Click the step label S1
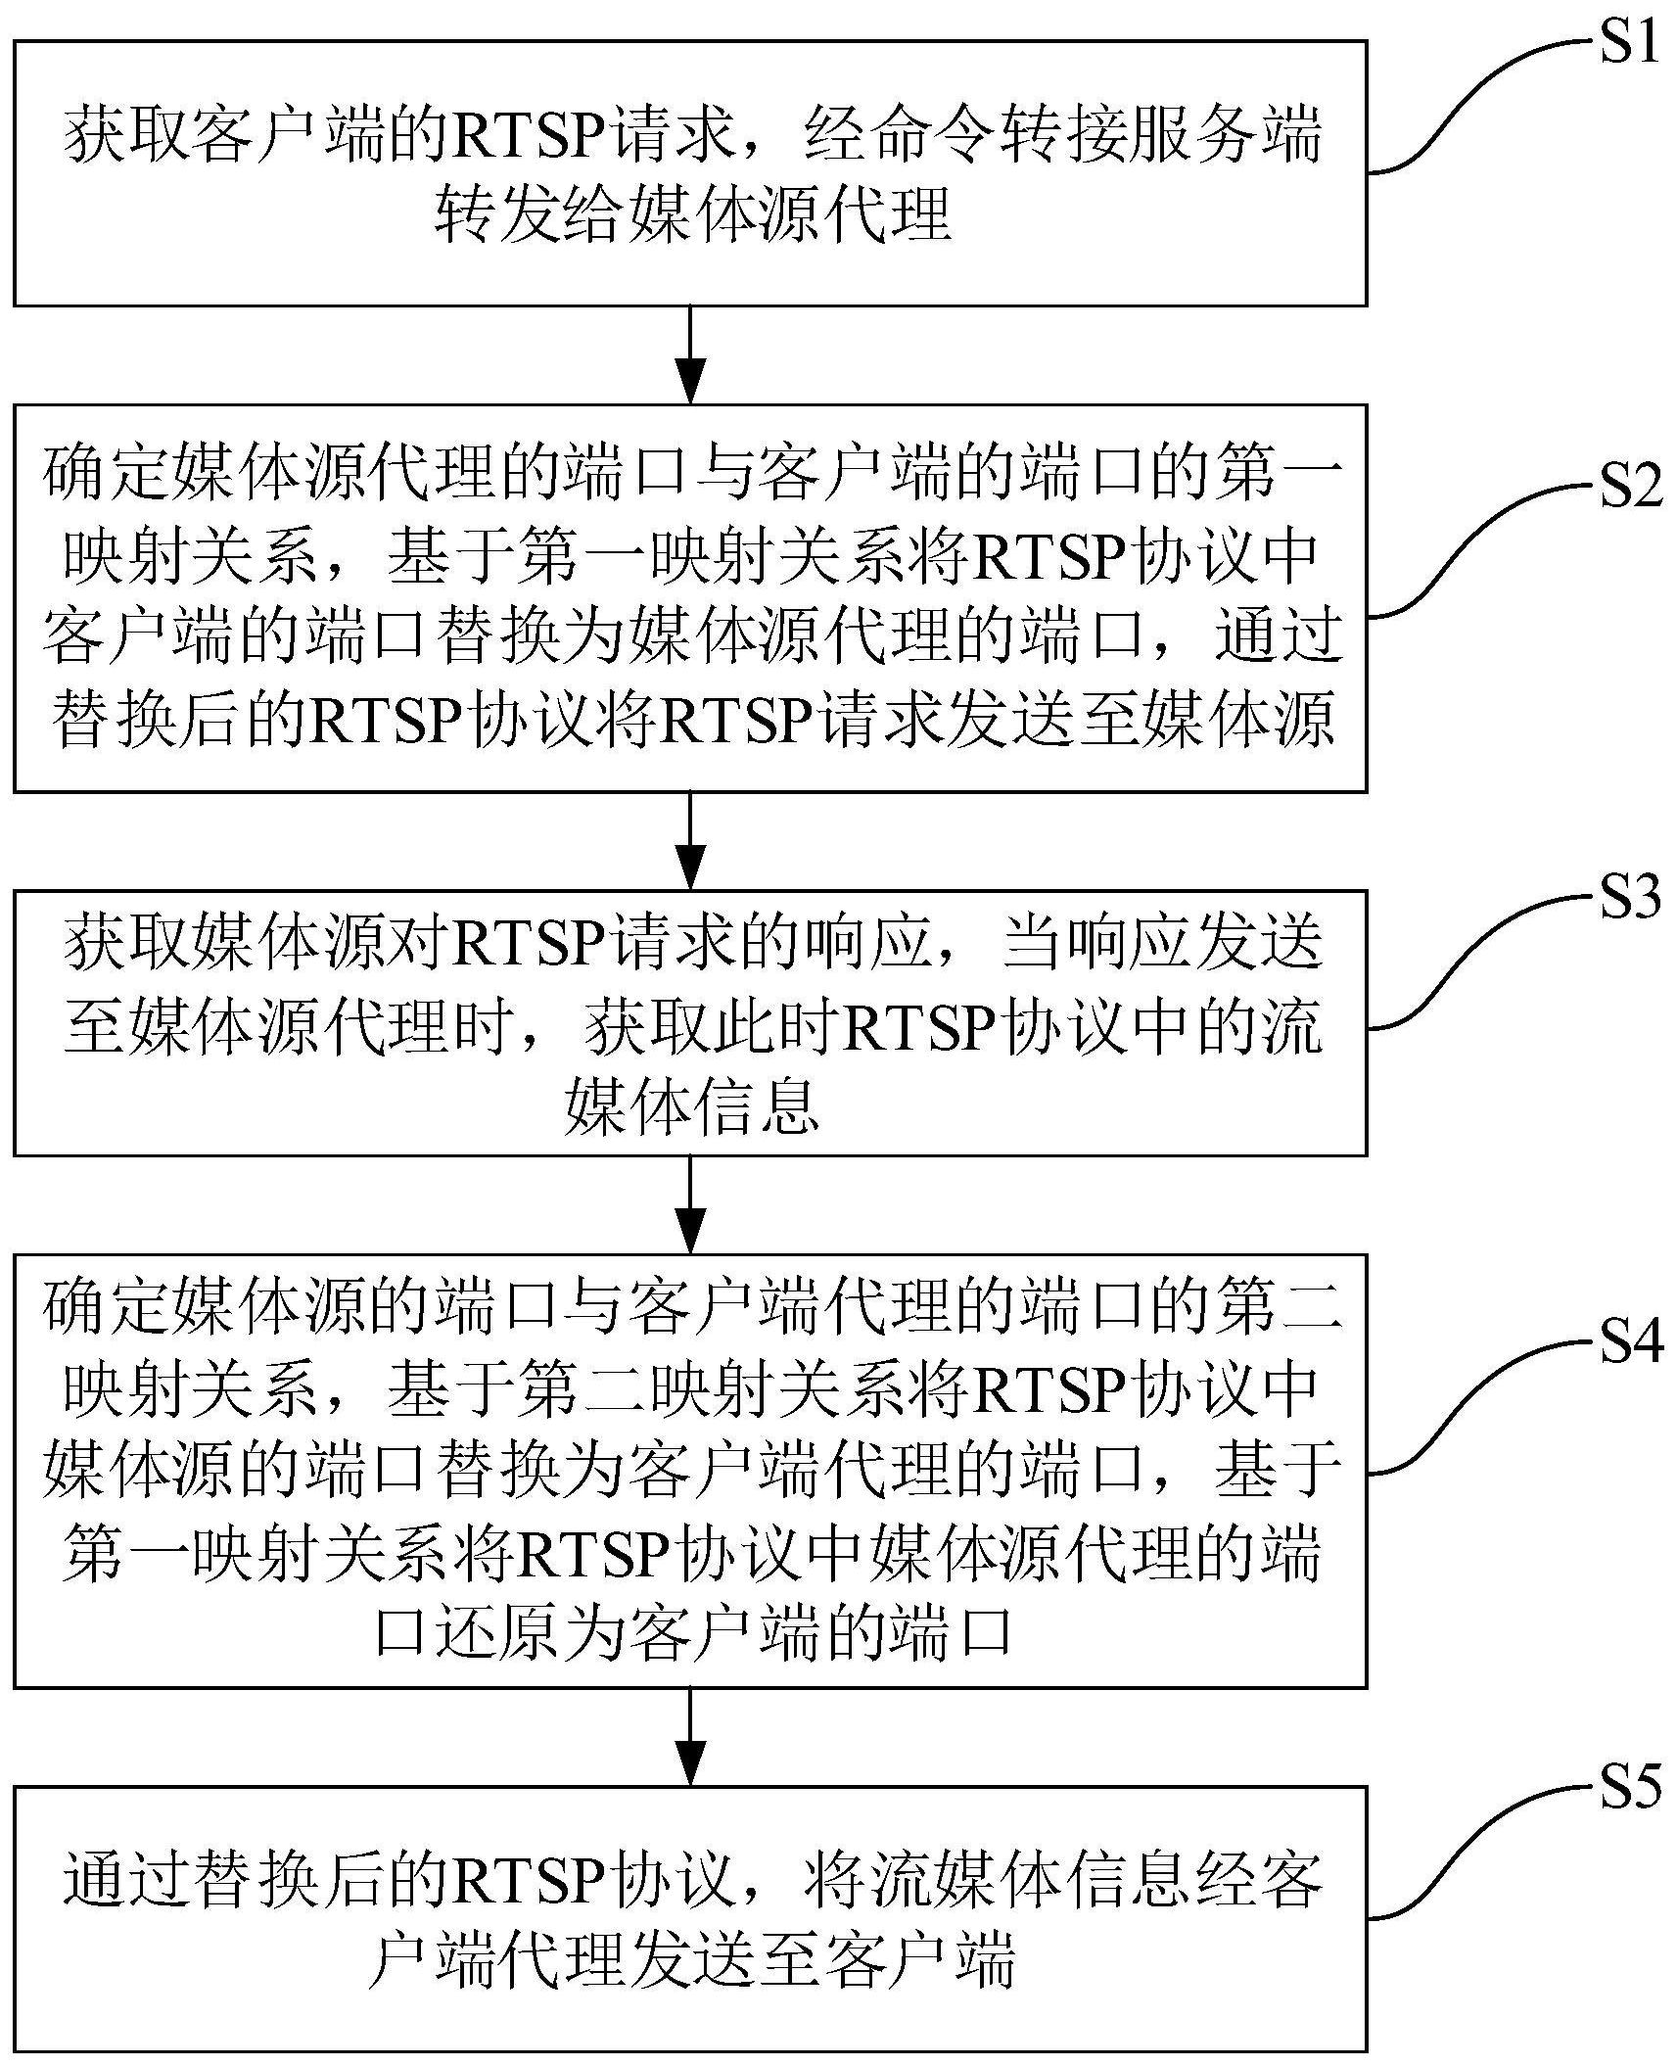1629,44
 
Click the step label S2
1631,488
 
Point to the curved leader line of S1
1468,108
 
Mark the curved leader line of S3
1468,960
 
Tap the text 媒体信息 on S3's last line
690,1107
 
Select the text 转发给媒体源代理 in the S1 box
692,214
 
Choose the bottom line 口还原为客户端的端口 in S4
692,1633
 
